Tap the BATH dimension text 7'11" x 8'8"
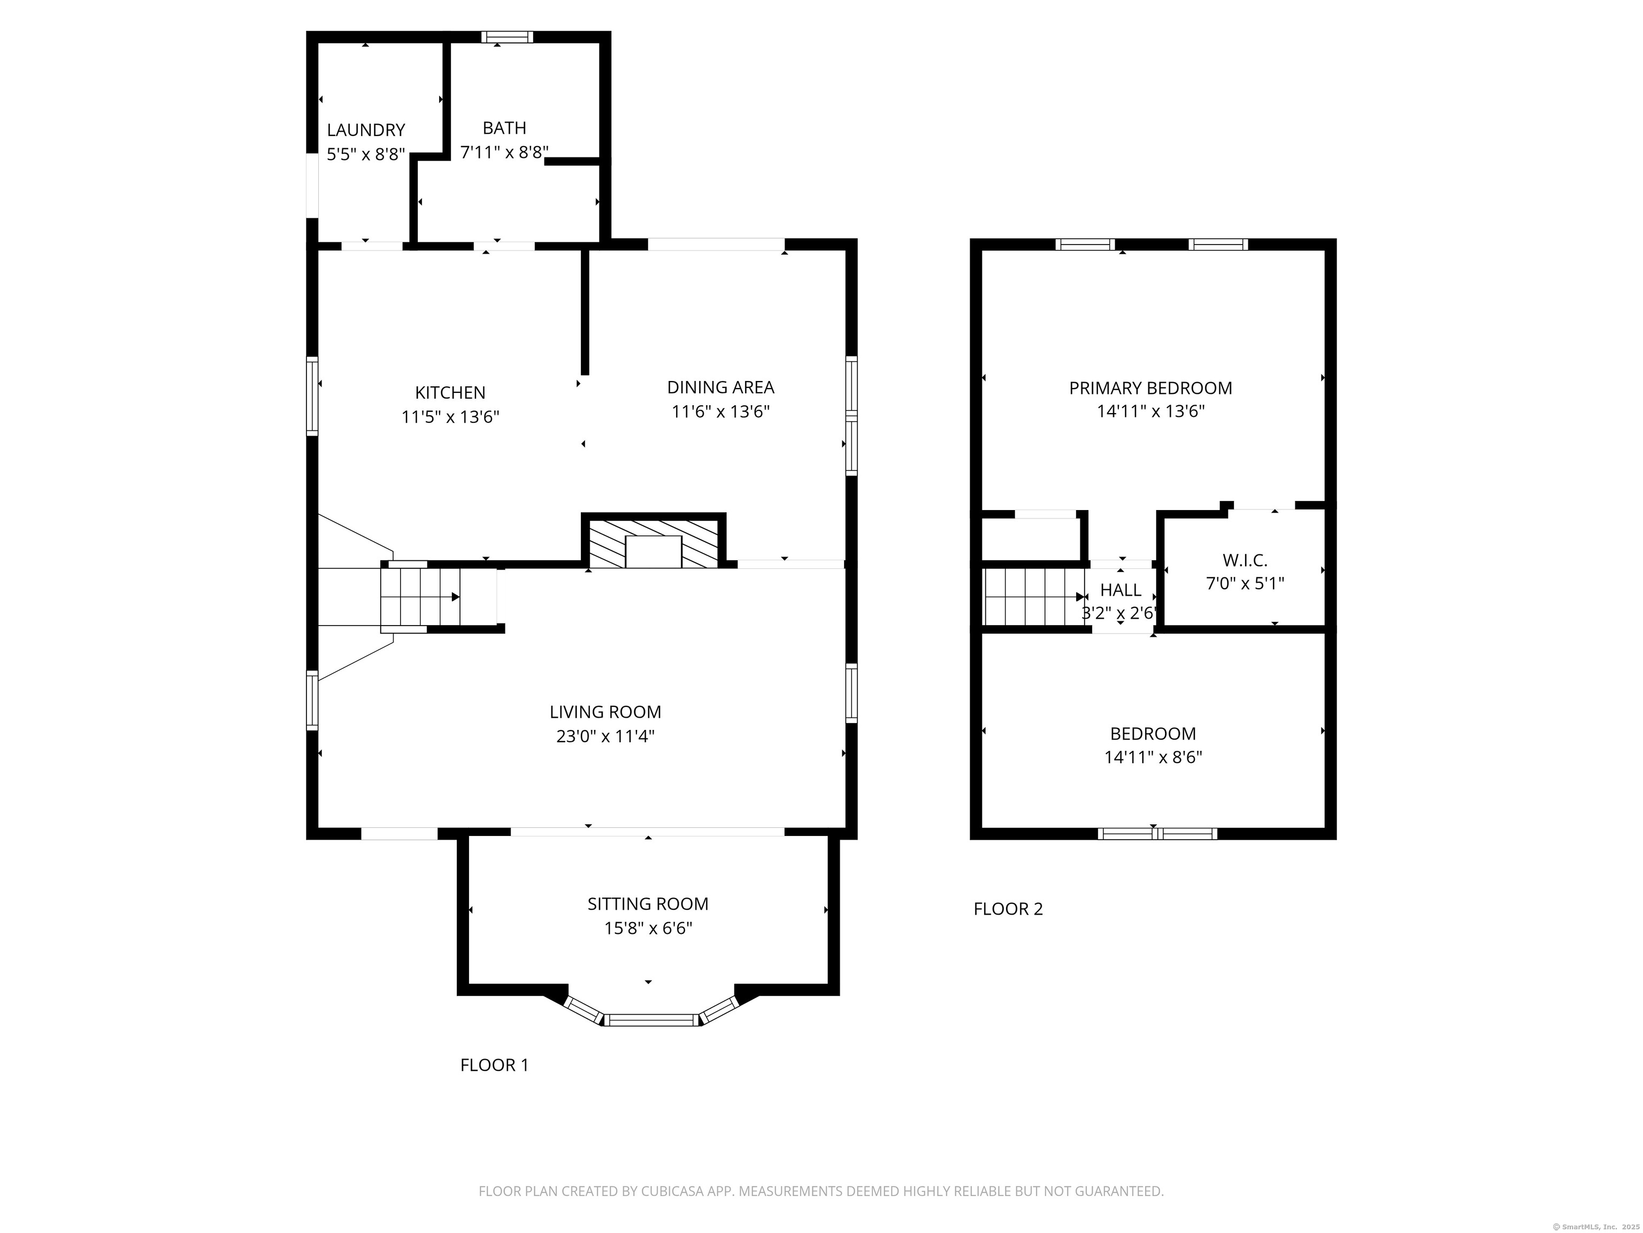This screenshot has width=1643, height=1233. [x=504, y=153]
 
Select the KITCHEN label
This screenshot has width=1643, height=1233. [x=450, y=392]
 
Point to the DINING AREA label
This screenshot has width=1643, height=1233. [x=720, y=387]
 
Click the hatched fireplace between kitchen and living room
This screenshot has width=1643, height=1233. [x=653, y=543]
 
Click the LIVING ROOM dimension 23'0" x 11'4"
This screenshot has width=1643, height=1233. [x=605, y=736]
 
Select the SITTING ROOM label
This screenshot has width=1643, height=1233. [x=648, y=904]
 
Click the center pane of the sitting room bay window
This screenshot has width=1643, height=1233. [x=651, y=1019]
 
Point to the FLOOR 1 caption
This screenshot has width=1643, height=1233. [x=494, y=1065]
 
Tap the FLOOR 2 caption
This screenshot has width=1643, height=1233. [x=1008, y=909]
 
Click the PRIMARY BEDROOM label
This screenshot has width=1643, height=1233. [x=1150, y=388]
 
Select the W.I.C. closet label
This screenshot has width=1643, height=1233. [x=1245, y=560]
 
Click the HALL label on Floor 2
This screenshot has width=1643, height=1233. [x=1120, y=590]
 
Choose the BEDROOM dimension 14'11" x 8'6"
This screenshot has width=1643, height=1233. [x=1153, y=757]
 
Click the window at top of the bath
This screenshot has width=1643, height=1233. [x=506, y=37]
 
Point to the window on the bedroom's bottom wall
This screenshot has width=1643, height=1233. [x=1157, y=834]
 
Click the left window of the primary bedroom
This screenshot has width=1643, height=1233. [x=1085, y=245]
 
